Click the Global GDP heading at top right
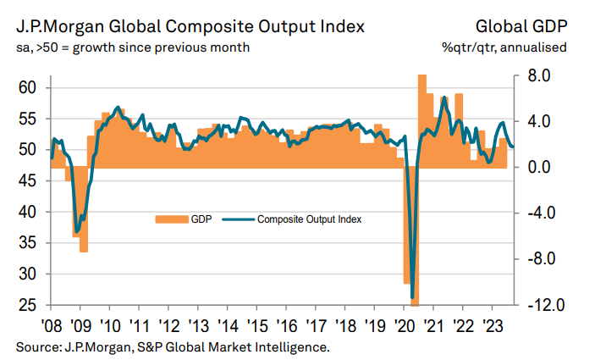point(522,26)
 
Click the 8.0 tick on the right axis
point(538,76)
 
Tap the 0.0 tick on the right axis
point(538,168)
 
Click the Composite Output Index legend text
point(310,219)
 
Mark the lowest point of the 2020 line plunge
point(412,298)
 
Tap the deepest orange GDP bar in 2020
point(415,301)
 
